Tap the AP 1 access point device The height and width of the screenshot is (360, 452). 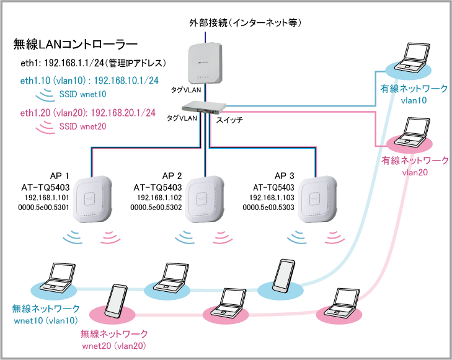[x=92, y=200]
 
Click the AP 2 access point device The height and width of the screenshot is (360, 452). [x=205, y=200]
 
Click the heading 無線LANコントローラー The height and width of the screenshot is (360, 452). [x=75, y=45]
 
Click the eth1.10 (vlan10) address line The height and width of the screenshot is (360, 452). [x=89, y=81]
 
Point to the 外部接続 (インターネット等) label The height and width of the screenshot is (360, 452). [x=245, y=24]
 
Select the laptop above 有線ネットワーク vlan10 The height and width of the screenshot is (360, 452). [x=413, y=58]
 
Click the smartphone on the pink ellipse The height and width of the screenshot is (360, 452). [x=118, y=302]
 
